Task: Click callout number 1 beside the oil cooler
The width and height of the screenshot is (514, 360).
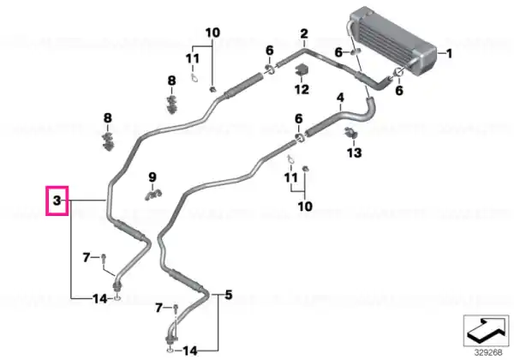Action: pyautogui.click(x=449, y=53)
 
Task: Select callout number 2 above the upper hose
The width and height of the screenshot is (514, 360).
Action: pyautogui.click(x=304, y=33)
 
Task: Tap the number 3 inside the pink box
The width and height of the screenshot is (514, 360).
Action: pyautogui.click(x=57, y=200)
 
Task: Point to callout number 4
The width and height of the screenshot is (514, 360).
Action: pyautogui.click(x=341, y=98)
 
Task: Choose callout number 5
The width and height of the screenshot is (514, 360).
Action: pyautogui.click(x=229, y=295)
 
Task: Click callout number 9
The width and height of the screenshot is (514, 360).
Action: pyautogui.click(x=152, y=177)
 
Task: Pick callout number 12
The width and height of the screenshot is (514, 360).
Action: pyautogui.click(x=302, y=89)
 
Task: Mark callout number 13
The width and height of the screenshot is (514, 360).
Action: pyautogui.click(x=355, y=153)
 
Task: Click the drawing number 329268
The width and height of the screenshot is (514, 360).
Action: pyautogui.click(x=488, y=352)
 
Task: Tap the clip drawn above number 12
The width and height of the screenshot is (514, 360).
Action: pyautogui.click(x=302, y=70)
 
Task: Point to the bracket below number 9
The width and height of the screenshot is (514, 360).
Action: pyautogui.click(x=153, y=195)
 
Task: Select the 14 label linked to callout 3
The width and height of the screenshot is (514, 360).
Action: pyautogui.click(x=100, y=298)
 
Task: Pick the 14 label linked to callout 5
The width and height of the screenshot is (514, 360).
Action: pyautogui.click(x=190, y=351)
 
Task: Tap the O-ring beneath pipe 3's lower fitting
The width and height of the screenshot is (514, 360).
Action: pyautogui.click(x=117, y=298)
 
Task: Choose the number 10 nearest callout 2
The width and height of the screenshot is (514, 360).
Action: pyautogui.click(x=212, y=33)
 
